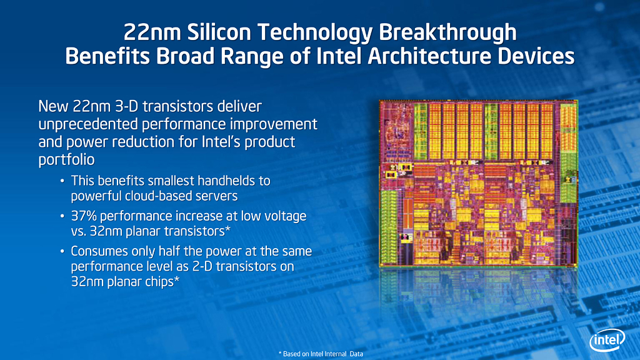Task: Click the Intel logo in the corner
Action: point(607,339)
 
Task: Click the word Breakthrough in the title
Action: point(447,32)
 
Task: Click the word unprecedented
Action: point(88,124)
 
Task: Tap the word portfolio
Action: point(66,159)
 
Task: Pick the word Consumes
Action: point(97,251)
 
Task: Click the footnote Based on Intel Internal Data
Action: point(321,354)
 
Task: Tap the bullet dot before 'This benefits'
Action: point(62,181)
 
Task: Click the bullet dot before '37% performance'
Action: point(62,216)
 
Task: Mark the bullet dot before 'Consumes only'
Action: point(62,251)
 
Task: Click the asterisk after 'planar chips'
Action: point(177,279)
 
